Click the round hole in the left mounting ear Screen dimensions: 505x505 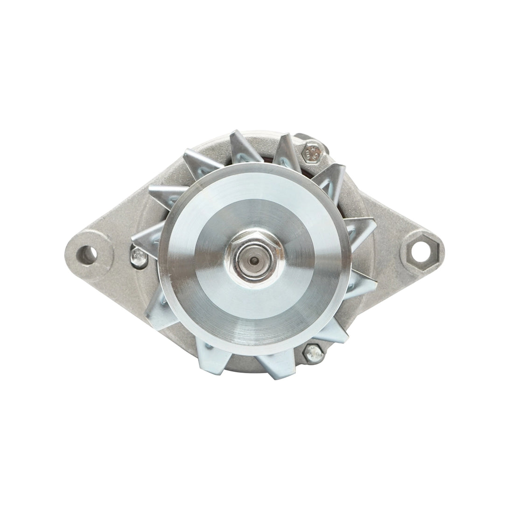(87, 254)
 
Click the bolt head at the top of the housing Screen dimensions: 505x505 (311, 151)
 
